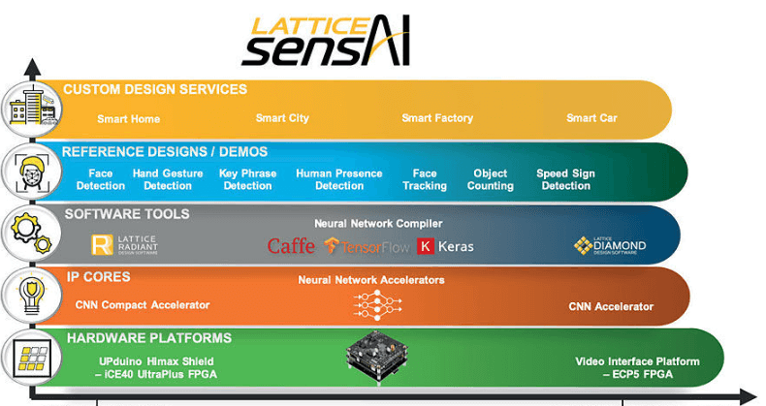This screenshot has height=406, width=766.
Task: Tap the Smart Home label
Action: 128,119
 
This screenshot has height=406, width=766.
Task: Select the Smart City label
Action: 282,118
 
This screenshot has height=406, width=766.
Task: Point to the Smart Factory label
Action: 437,118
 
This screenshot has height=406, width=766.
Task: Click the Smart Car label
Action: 591,118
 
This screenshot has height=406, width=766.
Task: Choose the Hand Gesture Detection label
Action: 168,180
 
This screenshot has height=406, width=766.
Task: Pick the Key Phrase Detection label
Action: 247,180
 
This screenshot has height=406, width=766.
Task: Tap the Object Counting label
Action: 490,180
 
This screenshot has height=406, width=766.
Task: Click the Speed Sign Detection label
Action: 565,180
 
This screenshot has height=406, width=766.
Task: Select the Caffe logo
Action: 291,246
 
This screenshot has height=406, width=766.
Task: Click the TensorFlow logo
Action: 367,246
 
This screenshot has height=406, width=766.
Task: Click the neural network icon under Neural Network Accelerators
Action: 371,304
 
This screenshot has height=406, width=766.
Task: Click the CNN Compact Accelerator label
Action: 142,305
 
